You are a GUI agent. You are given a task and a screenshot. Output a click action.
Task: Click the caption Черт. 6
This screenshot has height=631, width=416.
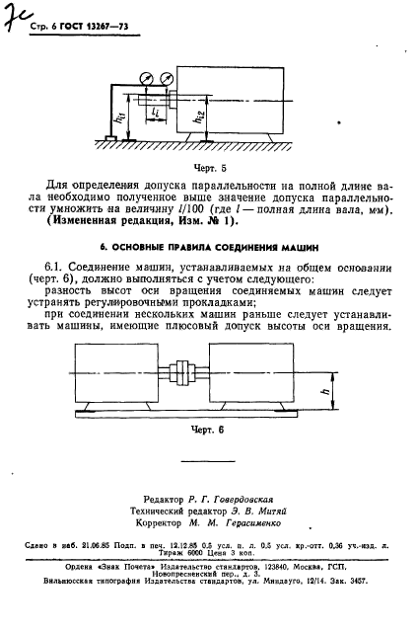pos(208,431)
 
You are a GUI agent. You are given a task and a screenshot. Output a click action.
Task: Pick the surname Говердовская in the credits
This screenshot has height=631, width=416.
pos(244,501)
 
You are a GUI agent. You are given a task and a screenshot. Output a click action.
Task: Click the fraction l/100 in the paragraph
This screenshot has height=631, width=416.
pos(192,210)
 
